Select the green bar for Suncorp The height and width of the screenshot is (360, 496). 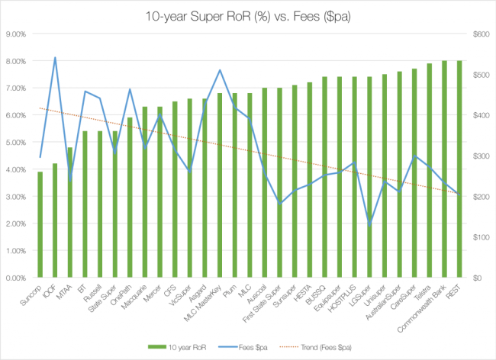[40, 226]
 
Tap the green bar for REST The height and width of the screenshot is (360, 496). [459, 169]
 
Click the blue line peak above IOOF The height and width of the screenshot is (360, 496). [55, 58]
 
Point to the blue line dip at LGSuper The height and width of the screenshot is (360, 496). [369, 225]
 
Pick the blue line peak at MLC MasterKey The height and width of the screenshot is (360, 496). [220, 70]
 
